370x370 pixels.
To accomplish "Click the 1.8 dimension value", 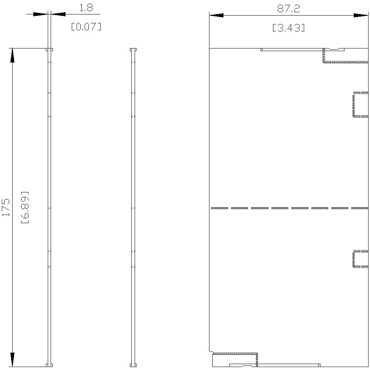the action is [x=86, y=8].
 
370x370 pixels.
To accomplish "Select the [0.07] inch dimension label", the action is [x=86, y=27].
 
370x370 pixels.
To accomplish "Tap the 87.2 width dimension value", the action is [x=289, y=9].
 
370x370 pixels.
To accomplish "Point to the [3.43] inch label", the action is [x=289, y=28].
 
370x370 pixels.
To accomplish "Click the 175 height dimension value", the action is [x=6, y=208].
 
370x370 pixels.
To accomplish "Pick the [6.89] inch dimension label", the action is [x=25, y=208].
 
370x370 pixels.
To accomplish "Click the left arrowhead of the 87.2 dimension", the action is [x=216, y=15].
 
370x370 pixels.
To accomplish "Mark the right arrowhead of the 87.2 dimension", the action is [x=360, y=15].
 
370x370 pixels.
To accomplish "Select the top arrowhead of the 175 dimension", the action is [x=12, y=55].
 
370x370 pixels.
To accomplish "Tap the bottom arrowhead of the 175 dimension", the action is [x=12, y=360].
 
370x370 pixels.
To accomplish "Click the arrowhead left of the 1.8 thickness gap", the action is [x=40, y=14].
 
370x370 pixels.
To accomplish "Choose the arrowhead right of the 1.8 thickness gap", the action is [x=58, y=14].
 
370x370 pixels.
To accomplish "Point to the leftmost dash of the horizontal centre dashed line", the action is [x=219, y=208].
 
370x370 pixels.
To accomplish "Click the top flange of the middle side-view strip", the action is [x=133, y=50].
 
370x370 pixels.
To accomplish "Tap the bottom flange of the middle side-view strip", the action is [x=133, y=365].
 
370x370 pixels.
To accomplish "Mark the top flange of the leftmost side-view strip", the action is [x=49, y=50].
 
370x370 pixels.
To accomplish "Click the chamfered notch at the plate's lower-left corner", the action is [x=211, y=351].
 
